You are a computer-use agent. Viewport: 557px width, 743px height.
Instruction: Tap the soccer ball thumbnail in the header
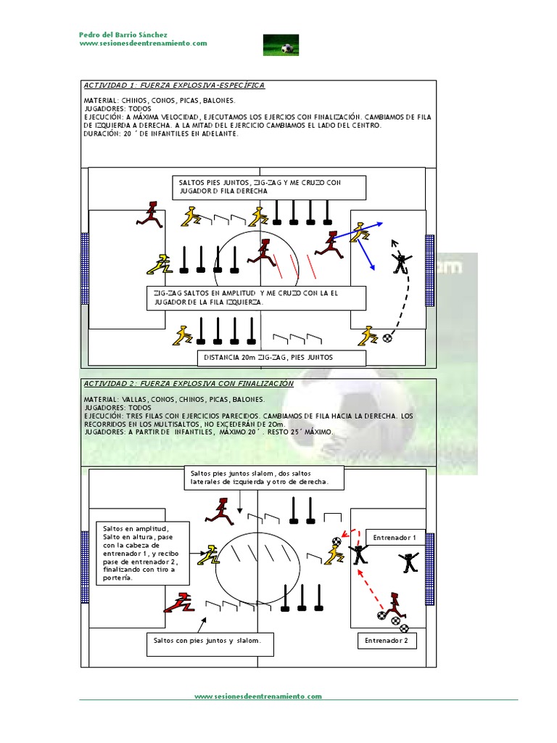[281, 44]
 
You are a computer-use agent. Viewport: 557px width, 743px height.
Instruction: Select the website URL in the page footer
[257, 697]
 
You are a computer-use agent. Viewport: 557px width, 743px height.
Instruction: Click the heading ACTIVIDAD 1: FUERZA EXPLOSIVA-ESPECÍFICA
[174, 86]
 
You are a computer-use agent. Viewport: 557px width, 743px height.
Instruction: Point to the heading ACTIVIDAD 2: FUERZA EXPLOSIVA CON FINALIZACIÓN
[189, 383]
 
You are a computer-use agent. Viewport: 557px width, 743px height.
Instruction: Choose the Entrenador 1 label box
[393, 538]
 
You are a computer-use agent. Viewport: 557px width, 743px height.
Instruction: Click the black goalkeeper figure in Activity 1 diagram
[400, 263]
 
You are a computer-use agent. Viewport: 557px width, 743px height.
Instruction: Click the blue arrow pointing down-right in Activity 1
[365, 256]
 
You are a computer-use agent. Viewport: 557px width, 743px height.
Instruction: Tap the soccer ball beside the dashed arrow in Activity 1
[389, 338]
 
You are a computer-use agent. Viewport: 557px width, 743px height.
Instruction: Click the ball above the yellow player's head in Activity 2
[337, 541]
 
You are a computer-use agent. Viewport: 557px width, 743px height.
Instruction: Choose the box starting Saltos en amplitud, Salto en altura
[143, 553]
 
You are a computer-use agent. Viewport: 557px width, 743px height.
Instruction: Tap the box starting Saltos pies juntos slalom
[265, 477]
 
